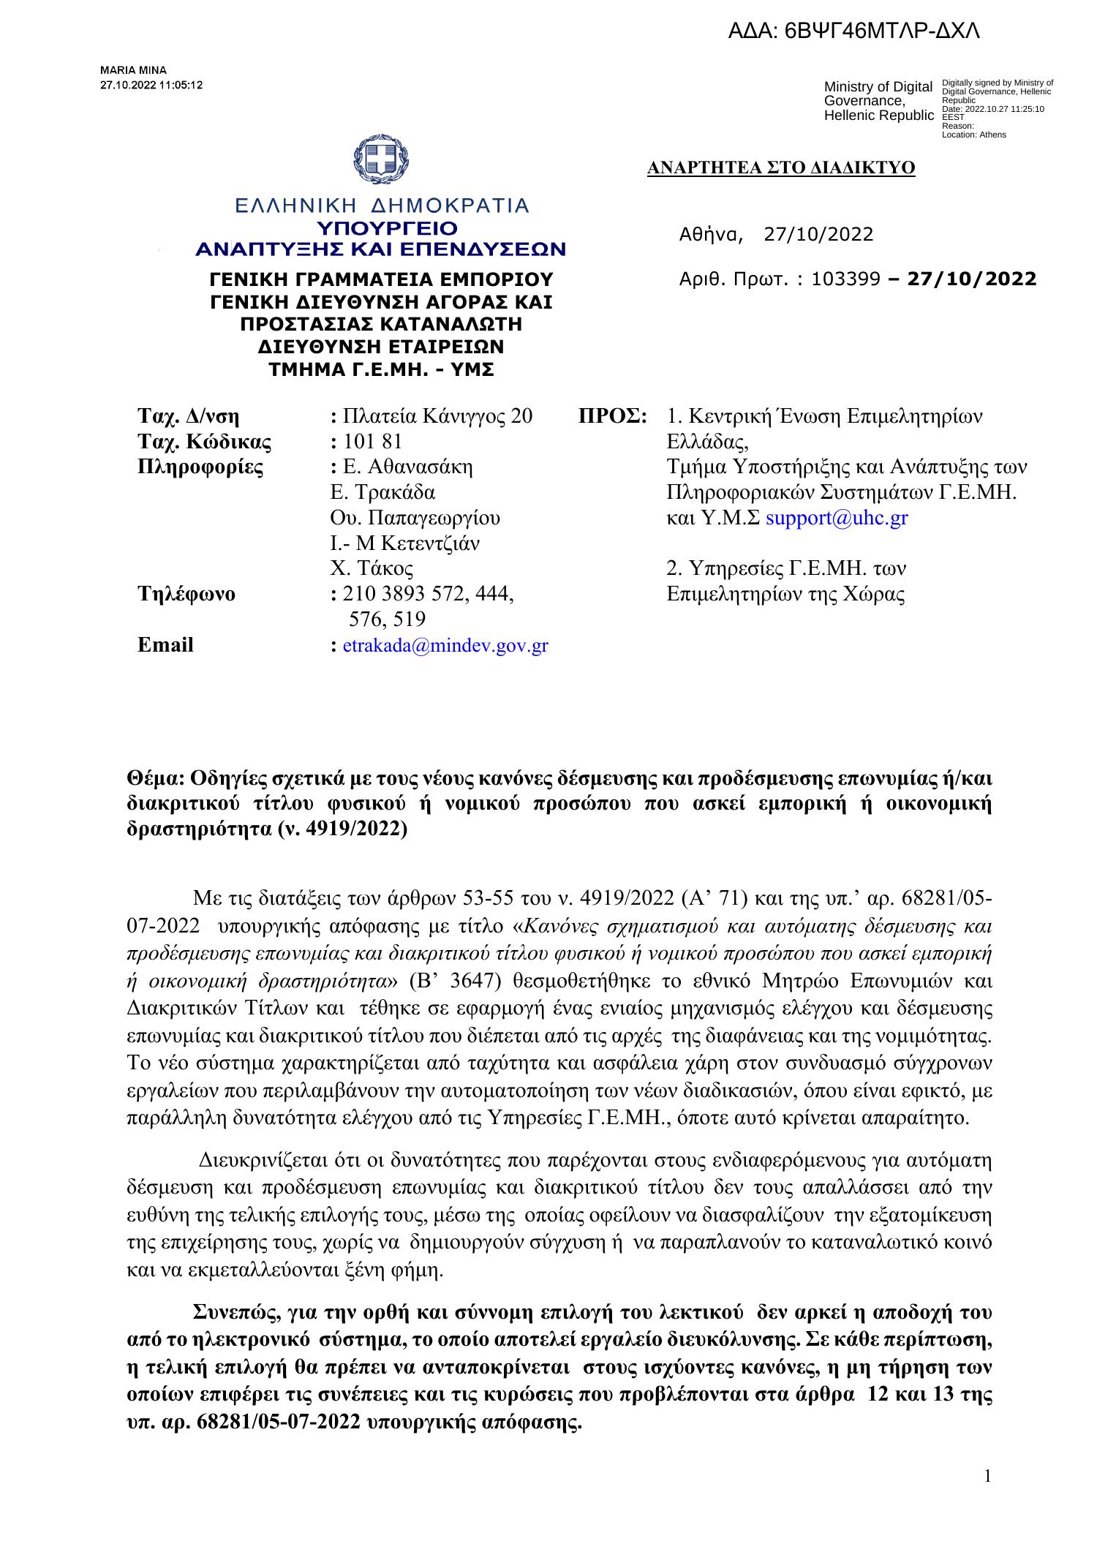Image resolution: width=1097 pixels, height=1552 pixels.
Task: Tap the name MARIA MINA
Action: coord(133,70)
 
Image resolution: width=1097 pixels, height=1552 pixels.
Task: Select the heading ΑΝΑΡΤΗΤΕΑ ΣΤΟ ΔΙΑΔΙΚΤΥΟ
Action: coord(781,168)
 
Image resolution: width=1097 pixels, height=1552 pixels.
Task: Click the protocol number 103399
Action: coord(845,279)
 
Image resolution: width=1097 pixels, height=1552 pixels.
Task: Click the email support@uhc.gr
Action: coord(836,518)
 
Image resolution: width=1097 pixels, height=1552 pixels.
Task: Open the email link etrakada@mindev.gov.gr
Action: coord(445,645)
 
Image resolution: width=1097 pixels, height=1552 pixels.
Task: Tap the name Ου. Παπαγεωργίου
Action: coord(415,518)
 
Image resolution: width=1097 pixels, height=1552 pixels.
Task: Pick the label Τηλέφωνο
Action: coord(186,594)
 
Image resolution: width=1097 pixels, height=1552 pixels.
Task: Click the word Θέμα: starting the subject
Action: coord(153,777)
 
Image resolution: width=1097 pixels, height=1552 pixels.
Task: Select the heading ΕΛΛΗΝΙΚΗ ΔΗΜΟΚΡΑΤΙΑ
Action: coord(380,206)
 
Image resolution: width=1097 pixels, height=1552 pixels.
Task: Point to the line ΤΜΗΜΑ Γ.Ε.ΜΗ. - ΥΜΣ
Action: coord(381,370)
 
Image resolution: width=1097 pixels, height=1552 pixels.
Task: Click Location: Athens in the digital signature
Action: coord(973,135)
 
